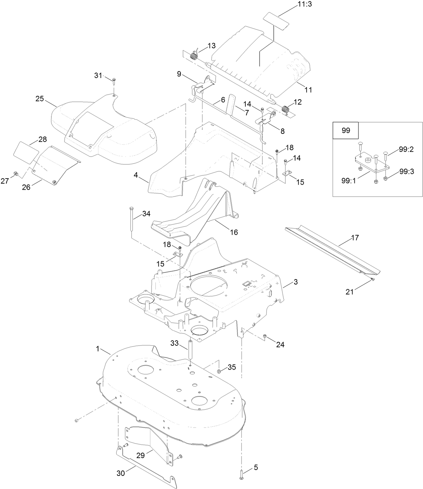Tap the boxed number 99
click(x=346, y=130)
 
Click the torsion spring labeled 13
click(x=194, y=55)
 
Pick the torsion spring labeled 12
click(x=285, y=110)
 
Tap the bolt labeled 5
click(x=242, y=474)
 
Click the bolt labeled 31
click(x=114, y=80)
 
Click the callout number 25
click(x=40, y=99)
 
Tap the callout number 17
click(x=355, y=238)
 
